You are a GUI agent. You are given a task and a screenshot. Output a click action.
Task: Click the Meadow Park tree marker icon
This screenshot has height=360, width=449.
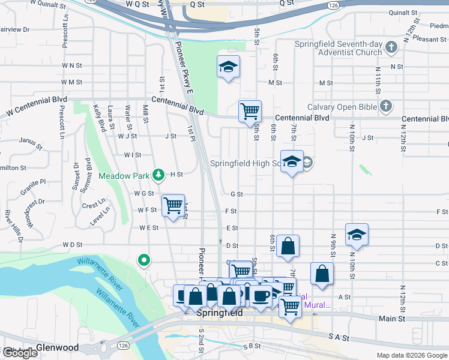[x=158, y=175]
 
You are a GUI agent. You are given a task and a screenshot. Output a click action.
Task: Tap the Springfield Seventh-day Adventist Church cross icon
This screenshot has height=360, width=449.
[x=391, y=47]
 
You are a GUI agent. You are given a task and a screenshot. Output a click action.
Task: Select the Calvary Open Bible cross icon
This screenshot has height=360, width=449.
[x=385, y=107]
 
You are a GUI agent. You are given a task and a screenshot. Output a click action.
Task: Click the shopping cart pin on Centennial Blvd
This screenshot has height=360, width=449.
[x=250, y=111]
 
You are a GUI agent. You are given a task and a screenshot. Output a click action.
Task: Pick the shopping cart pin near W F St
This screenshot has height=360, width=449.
[x=173, y=206]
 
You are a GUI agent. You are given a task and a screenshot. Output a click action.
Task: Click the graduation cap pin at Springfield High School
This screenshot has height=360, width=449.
[x=292, y=161]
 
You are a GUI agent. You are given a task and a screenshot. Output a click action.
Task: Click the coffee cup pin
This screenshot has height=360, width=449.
[x=261, y=296]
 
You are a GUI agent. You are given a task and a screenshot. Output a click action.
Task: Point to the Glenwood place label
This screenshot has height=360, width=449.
[x=58, y=347]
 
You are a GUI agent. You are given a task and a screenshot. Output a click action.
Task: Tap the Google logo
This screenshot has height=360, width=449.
[x=20, y=353]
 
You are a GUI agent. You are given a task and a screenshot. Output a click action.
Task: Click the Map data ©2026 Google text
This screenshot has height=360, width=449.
[x=412, y=355]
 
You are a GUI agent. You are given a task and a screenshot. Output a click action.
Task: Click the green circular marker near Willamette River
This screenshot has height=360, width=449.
[x=144, y=260]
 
